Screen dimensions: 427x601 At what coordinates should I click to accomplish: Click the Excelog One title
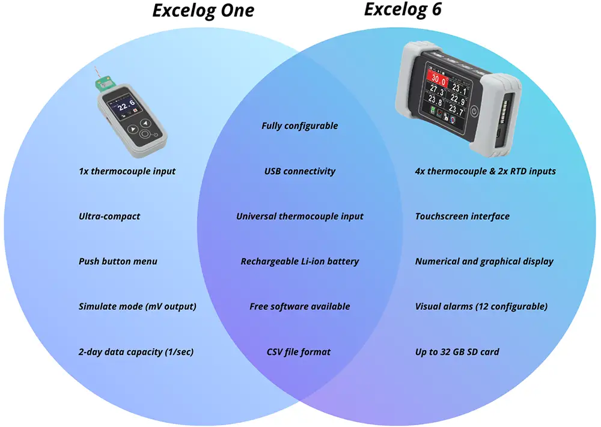pyautogui.click(x=203, y=11)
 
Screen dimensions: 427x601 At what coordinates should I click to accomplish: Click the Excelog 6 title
pyautogui.click(x=403, y=9)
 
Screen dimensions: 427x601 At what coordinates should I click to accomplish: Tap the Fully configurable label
pyautogui.click(x=300, y=126)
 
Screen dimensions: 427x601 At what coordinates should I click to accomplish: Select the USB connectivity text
pyautogui.click(x=300, y=171)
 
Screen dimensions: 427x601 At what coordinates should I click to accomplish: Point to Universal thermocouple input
pyautogui.click(x=300, y=216)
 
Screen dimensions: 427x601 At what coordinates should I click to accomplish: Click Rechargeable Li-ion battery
pyautogui.click(x=300, y=261)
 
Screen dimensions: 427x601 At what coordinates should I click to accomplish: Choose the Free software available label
pyautogui.click(x=300, y=306)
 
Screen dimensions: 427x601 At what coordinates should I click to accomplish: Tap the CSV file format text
pyautogui.click(x=299, y=352)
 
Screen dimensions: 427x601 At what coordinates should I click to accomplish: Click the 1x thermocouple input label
pyautogui.click(x=127, y=171)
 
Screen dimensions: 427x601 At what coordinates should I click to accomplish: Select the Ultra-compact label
pyautogui.click(x=109, y=216)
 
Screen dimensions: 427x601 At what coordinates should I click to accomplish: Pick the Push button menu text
pyautogui.click(x=118, y=261)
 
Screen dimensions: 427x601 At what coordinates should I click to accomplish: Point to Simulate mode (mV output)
pyautogui.click(x=138, y=306)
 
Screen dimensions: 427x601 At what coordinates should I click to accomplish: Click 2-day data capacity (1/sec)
pyautogui.click(x=136, y=352)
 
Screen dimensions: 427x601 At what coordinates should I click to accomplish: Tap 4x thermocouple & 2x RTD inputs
pyautogui.click(x=486, y=171)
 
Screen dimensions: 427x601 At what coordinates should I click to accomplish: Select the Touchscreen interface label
pyautogui.click(x=462, y=216)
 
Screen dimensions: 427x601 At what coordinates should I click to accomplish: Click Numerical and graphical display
pyautogui.click(x=484, y=261)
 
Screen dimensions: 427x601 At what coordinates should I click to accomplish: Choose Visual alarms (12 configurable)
pyautogui.click(x=481, y=306)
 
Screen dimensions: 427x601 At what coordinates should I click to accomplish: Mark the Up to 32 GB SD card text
pyautogui.click(x=457, y=352)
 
